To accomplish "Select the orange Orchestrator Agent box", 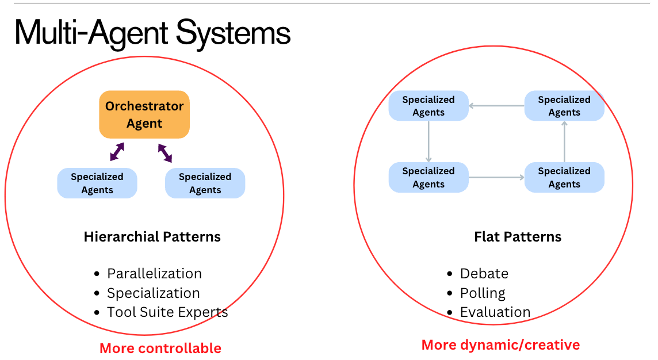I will [x=144, y=114].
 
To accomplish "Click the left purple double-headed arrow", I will [x=117, y=152].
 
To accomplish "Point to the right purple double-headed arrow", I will [x=165, y=152].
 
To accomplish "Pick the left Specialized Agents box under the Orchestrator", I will [x=97, y=183].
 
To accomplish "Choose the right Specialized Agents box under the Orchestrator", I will [x=205, y=183].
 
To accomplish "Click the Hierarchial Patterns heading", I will [x=152, y=236].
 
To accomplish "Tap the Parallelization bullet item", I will [x=154, y=273].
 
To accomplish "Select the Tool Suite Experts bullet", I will [x=167, y=312].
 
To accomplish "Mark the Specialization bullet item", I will [x=153, y=293].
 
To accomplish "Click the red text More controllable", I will [x=160, y=348].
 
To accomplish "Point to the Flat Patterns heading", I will [x=518, y=236].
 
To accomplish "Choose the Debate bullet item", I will [x=484, y=273].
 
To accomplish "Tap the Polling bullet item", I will [x=483, y=293].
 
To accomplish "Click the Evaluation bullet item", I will [x=495, y=312].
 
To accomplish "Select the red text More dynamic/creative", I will [x=500, y=344].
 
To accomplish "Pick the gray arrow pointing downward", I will [x=429, y=141].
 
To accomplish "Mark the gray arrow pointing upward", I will [x=564, y=141].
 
